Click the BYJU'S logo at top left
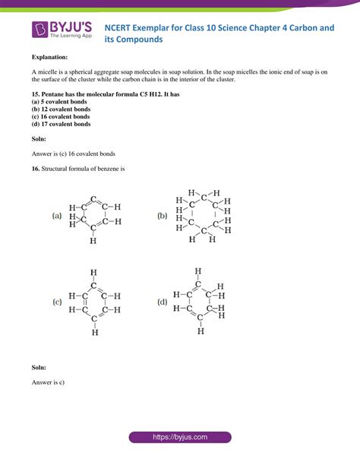click(x=61, y=30)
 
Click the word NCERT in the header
click(x=140, y=25)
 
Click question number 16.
click(x=36, y=169)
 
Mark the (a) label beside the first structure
click(x=57, y=216)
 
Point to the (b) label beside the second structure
click(x=163, y=216)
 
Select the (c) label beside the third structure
click(x=57, y=302)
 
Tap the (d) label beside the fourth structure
click(x=163, y=302)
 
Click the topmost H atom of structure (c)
click(x=93, y=272)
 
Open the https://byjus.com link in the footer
click(x=180, y=438)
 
